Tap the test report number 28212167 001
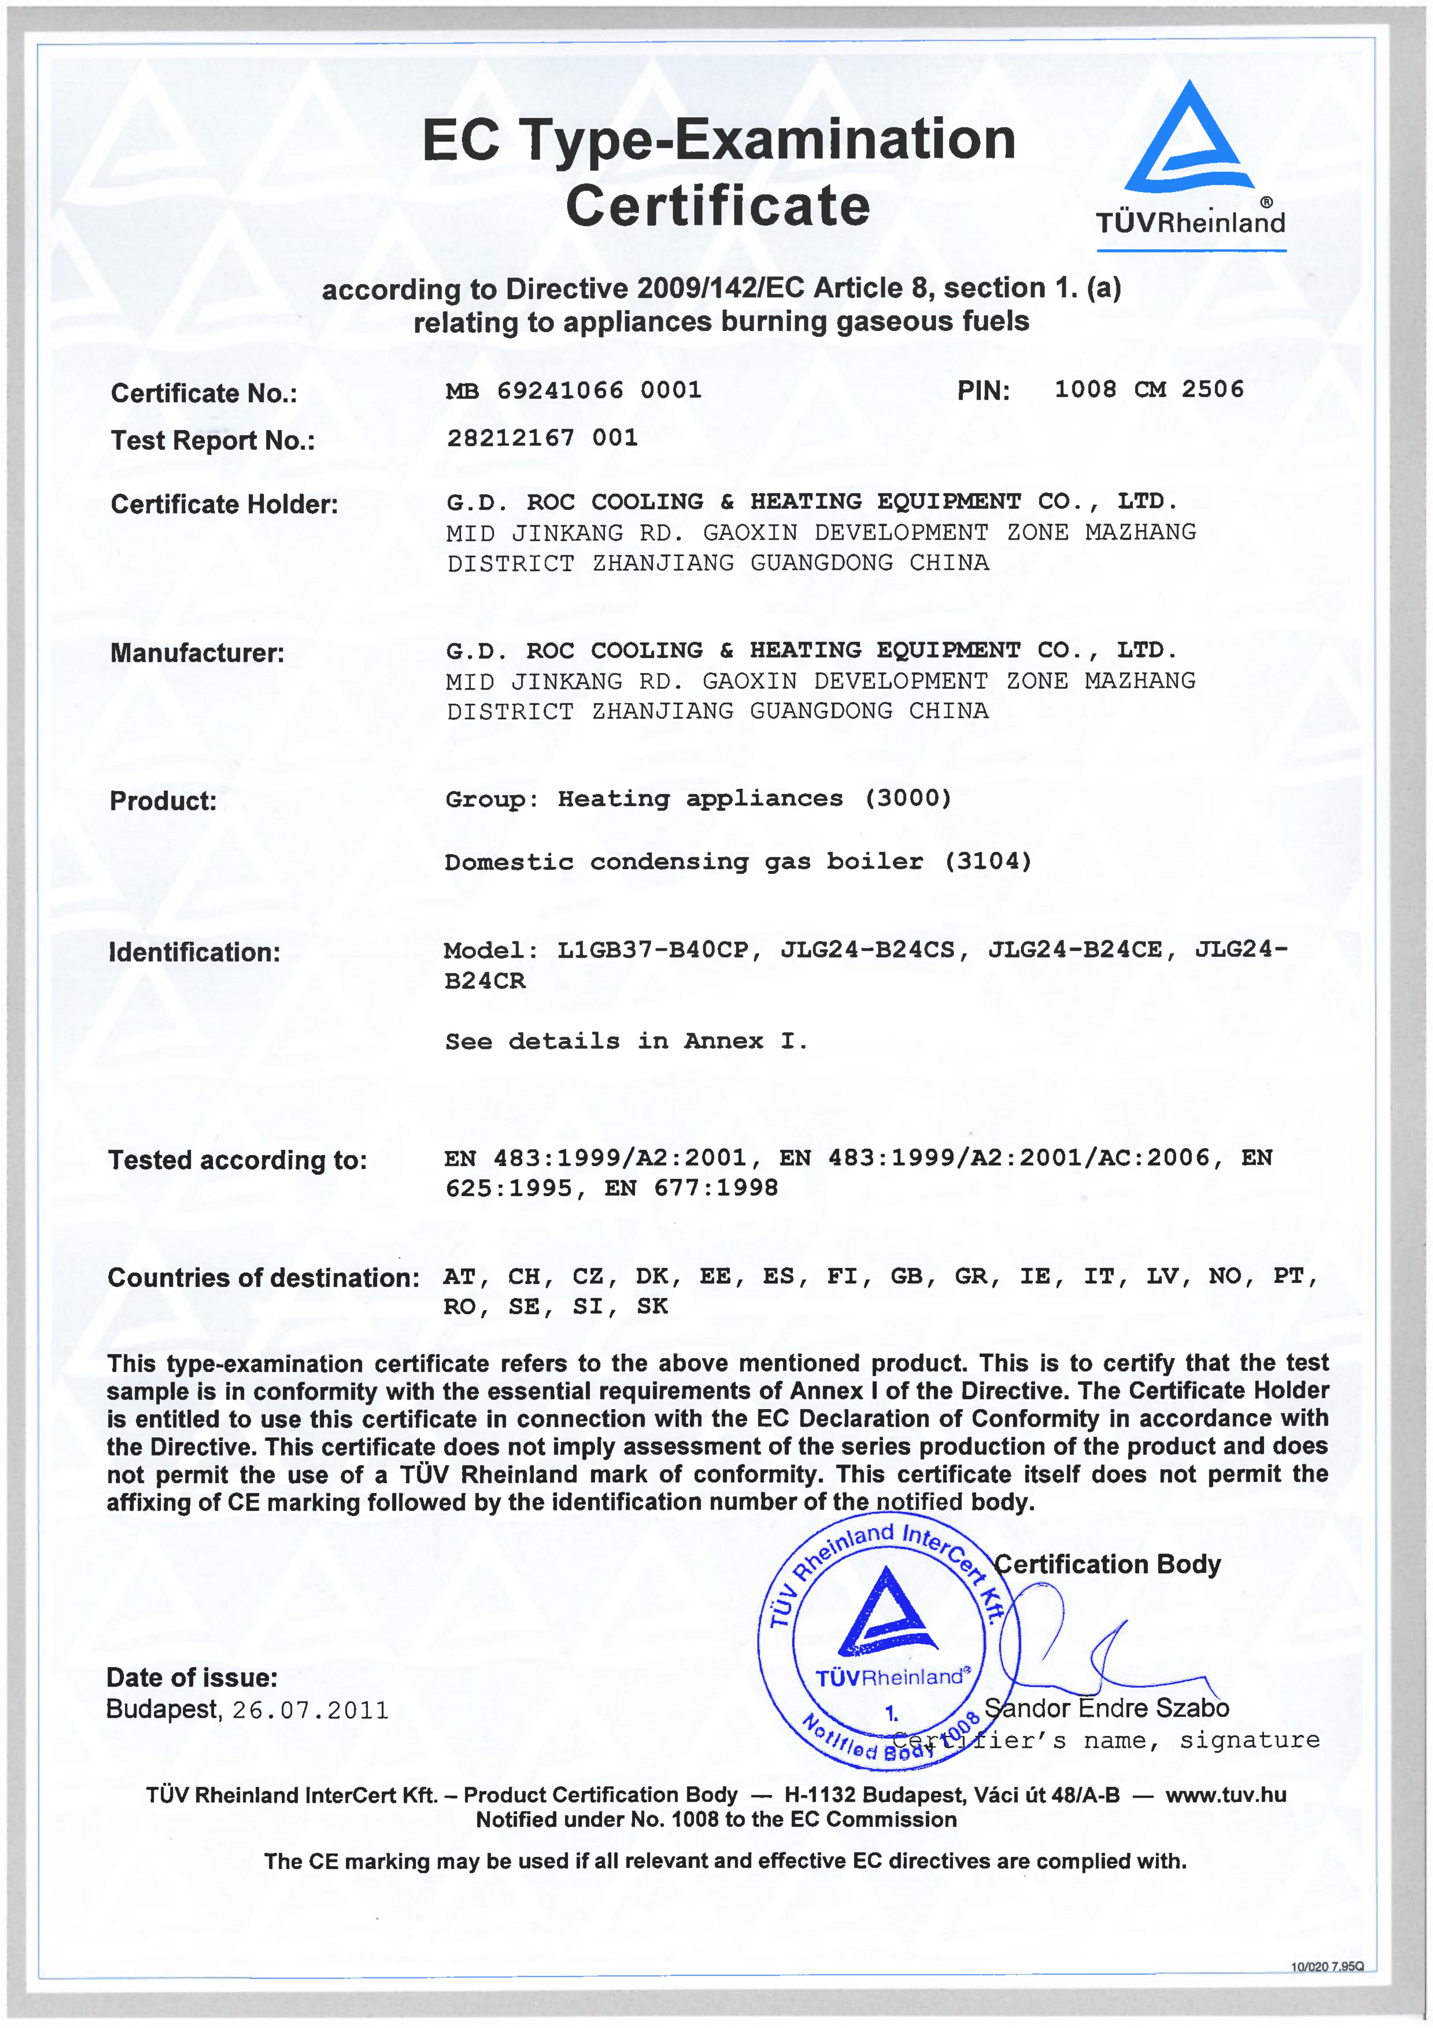point(542,438)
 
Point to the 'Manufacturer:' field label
point(197,654)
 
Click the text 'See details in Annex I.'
point(626,1041)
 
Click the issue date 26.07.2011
point(310,1711)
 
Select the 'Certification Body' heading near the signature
point(1107,1564)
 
